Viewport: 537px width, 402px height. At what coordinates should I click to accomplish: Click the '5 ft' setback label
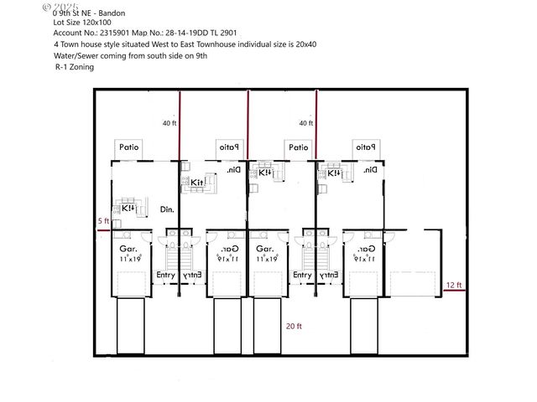click(103, 220)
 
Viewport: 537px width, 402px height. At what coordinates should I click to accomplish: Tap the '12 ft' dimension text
click(453, 285)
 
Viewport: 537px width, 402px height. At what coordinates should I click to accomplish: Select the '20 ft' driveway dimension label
click(293, 326)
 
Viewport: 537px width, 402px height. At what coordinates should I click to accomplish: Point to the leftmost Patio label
click(128, 147)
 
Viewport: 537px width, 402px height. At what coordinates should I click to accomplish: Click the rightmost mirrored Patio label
click(368, 147)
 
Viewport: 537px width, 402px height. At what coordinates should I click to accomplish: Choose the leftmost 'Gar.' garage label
click(128, 250)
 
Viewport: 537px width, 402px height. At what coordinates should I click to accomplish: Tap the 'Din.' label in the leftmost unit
click(167, 209)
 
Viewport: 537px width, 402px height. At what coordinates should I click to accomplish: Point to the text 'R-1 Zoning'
click(75, 66)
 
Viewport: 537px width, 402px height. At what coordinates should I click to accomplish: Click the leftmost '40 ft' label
click(169, 123)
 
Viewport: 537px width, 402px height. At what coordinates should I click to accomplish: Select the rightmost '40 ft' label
click(305, 123)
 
